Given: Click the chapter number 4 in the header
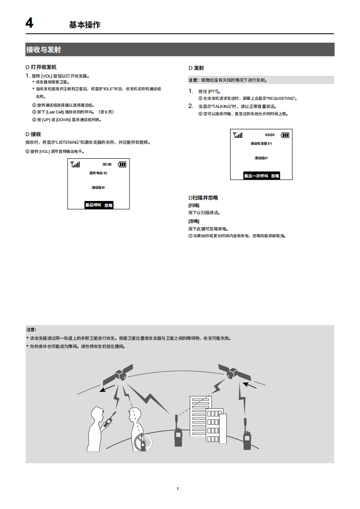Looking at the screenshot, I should coord(30,23).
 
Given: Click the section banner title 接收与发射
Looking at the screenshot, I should coord(44,49).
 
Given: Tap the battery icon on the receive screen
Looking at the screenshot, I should coord(123,165).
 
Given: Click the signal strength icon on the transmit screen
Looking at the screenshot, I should coord(237,135).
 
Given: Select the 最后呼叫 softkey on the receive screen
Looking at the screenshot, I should coord(93,205).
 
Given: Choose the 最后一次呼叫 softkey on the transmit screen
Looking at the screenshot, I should coord(256,176).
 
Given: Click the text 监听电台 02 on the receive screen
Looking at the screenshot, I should coord(99,173).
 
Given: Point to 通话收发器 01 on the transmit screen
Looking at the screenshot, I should coord(261,143).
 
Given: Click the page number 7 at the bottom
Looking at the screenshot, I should coord(178,489).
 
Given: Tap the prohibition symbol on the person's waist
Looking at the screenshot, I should coord(142,442).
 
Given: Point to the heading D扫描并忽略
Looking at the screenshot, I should coord(203,198).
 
